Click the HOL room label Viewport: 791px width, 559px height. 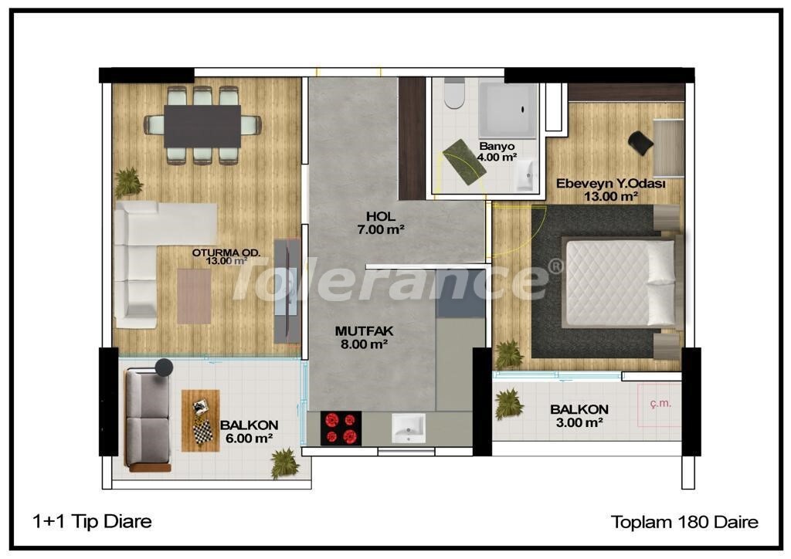pos(381,217)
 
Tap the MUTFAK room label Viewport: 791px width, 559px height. pos(364,331)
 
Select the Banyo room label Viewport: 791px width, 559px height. pos(497,146)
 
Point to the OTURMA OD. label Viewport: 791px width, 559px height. pos(226,252)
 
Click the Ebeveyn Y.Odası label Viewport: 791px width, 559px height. pos(610,184)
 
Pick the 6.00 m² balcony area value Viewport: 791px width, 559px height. pos(250,438)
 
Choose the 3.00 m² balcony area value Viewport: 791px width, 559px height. pos(579,422)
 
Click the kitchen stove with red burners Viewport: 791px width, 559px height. pos(341,429)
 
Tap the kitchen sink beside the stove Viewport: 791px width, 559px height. pos(409,429)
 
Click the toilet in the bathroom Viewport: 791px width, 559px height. pos(454,93)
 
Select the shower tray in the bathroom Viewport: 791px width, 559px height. pos(507,110)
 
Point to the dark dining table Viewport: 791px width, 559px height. pos(202,126)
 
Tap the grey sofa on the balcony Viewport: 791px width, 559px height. pos(148,419)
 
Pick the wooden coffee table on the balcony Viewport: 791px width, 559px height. pos(201,420)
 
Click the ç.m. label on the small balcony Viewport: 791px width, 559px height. pos(660,403)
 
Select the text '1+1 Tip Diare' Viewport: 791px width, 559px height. pos(92,521)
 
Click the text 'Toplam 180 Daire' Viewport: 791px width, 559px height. pos(684,522)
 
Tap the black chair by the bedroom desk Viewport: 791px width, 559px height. pos(640,143)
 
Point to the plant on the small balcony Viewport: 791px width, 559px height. pos(508,403)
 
